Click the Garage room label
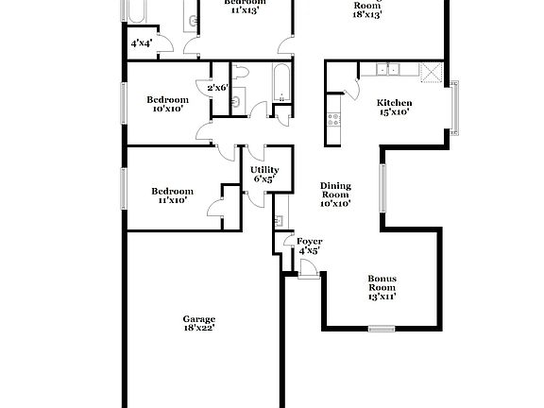(199, 319)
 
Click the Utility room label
(263, 170)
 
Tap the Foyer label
(309, 242)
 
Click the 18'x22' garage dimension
(199, 329)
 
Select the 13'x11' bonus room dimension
(382, 297)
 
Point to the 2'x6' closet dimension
(217, 88)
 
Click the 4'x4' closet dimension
(141, 43)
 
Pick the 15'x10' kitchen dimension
(395, 111)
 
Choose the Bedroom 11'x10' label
(172, 195)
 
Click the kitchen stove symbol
(332, 119)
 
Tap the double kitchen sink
(388, 69)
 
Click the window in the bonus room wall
(381, 329)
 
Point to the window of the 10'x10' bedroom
(126, 103)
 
